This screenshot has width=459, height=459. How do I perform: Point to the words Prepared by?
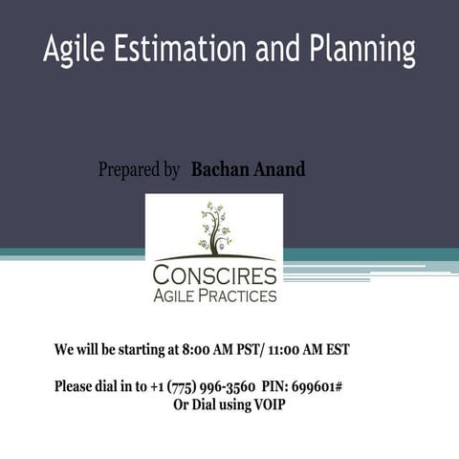click(x=139, y=170)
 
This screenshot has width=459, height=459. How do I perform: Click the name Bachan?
click(x=219, y=169)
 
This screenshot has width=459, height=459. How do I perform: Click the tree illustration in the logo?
click(x=214, y=227)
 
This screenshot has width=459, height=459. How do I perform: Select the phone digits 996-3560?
click(x=227, y=387)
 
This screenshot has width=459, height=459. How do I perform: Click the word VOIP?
click(x=268, y=404)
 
